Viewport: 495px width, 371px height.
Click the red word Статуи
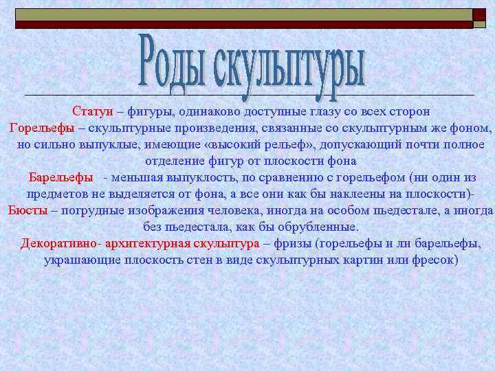pyautogui.click(x=93, y=111)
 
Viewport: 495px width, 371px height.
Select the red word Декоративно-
pyautogui.click(x=61, y=243)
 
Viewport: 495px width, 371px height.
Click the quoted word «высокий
pyautogui.click(x=252, y=144)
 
